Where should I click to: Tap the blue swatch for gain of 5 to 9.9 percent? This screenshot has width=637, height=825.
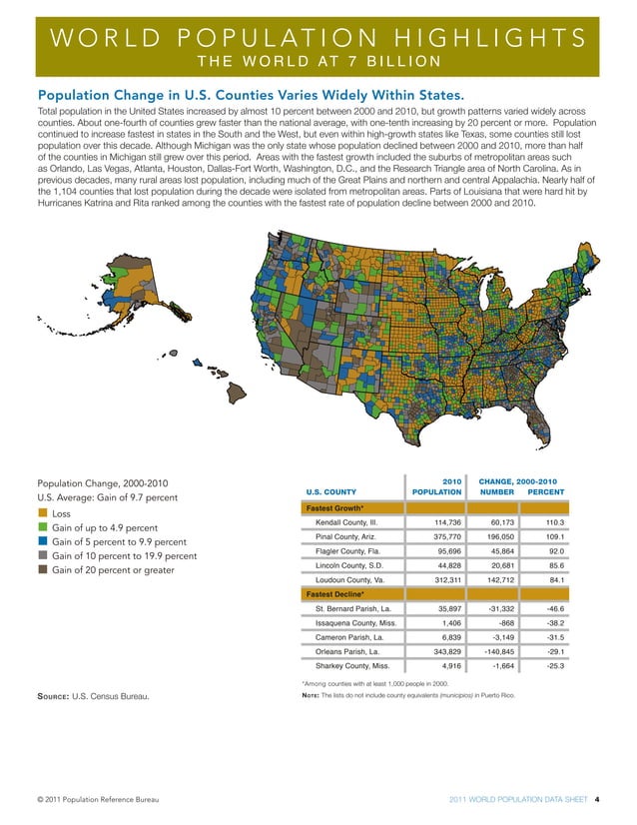click(42, 542)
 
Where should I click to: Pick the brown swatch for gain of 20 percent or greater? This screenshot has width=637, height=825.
click(42, 570)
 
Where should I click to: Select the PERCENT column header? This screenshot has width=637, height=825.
click(544, 491)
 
